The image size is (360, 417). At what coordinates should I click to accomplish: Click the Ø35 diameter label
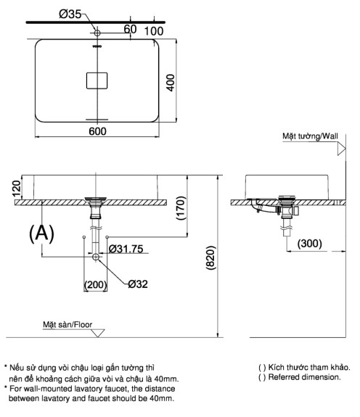pyautogui.click(x=70, y=13)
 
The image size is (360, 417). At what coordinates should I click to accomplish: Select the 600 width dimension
pyautogui.click(x=98, y=131)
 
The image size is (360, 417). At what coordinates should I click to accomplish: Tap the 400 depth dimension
pyautogui.click(x=191, y=82)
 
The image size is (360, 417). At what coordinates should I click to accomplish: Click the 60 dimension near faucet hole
pyautogui.click(x=130, y=30)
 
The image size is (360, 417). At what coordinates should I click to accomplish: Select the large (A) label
pyautogui.click(x=42, y=234)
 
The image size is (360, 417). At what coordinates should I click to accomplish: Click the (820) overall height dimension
pyautogui.click(x=210, y=257)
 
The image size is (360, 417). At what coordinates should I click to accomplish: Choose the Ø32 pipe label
pyautogui.click(x=138, y=284)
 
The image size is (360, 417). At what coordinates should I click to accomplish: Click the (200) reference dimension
pyautogui.click(x=96, y=284)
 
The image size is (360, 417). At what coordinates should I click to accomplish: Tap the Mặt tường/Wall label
pyautogui.click(x=310, y=136)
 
